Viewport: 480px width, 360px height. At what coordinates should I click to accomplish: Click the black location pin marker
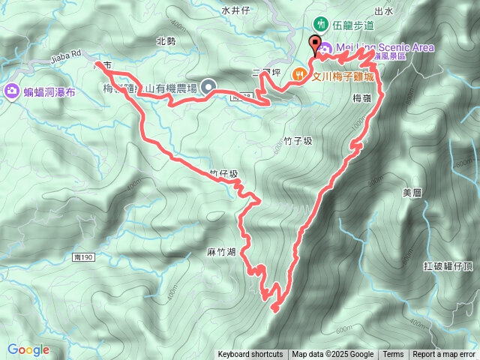pos(315,43)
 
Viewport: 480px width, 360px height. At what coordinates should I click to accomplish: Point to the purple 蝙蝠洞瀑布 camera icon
pos(12,91)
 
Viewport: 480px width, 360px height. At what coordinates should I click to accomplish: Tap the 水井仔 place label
pos(235,10)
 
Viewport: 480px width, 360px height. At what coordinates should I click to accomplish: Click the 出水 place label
pos(383,10)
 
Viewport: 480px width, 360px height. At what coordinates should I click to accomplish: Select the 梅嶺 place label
pos(361,97)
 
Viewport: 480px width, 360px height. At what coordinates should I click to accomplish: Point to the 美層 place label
pos(412,193)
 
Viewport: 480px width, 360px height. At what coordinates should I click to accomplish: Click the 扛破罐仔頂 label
pos(447,265)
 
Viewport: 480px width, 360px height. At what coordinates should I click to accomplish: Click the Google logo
pos(28,349)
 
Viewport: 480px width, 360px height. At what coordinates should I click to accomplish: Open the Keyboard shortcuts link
pos(250,355)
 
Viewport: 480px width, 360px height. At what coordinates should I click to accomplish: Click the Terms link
pos(393,355)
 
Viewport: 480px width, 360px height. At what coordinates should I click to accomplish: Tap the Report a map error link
pos(444,355)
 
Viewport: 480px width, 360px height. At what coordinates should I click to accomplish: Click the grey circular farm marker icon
pos(207,88)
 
